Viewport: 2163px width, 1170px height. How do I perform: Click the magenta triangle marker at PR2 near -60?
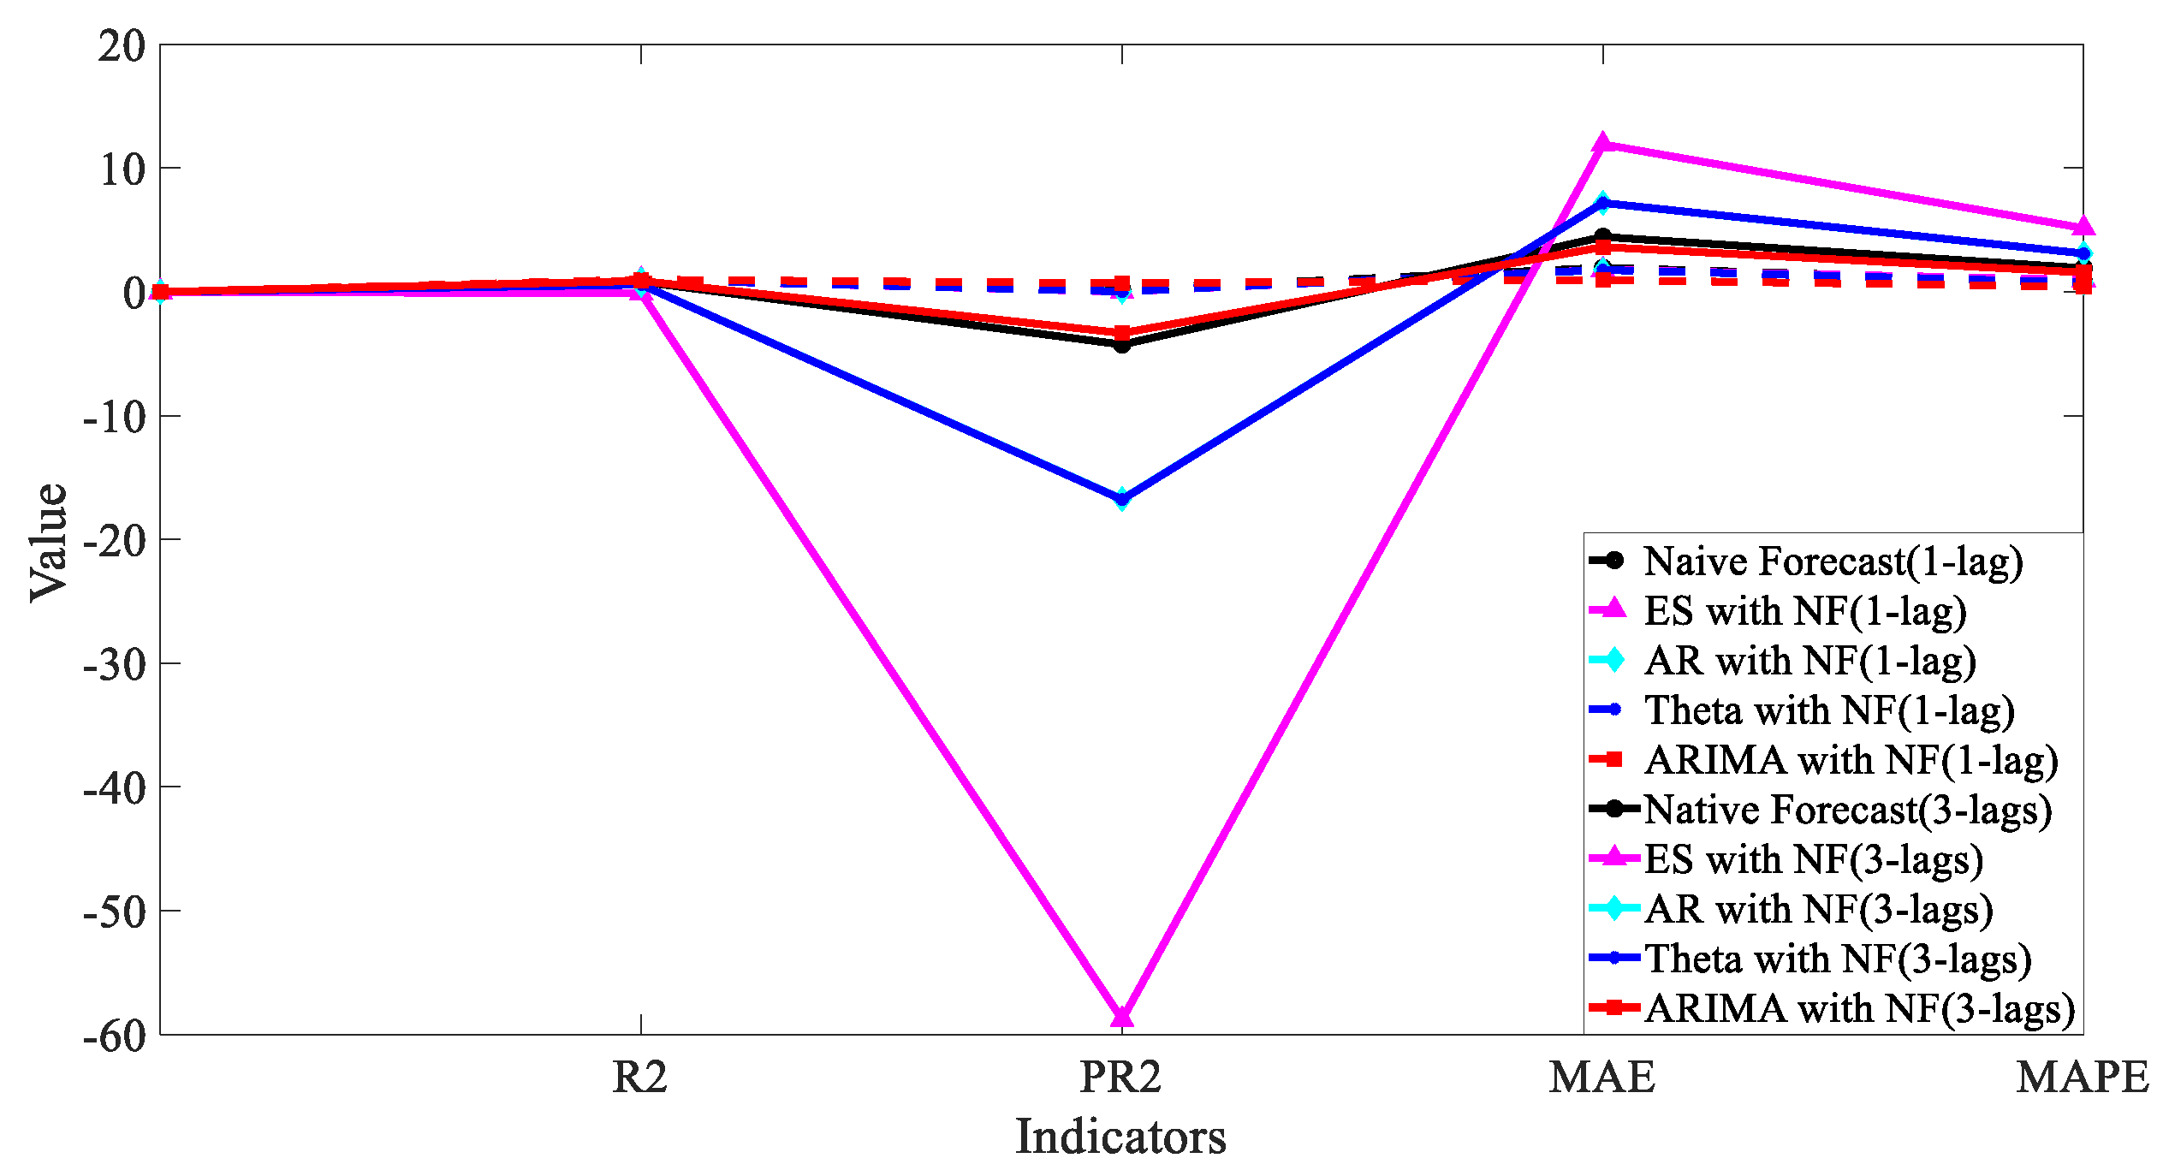click(1121, 1016)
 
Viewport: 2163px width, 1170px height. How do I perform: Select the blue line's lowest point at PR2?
click(1121, 498)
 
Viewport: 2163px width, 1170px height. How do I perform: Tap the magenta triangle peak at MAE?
click(1602, 144)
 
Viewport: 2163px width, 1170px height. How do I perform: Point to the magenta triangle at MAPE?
click(2083, 227)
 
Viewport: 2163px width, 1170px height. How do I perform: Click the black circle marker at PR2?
click(1121, 345)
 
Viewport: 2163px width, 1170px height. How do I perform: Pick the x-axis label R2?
click(640, 1078)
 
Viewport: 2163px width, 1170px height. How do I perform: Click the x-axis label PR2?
click(1121, 1078)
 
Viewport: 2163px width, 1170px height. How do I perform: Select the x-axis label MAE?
click(1602, 1078)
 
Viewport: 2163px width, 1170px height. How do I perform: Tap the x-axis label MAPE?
click(2083, 1078)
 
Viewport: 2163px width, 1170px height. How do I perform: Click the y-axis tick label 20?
click(122, 46)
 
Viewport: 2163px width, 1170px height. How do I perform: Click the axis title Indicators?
click(1121, 1137)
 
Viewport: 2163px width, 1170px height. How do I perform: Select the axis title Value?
click(49, 541)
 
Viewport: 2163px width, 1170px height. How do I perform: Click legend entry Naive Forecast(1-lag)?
click(1833, 562)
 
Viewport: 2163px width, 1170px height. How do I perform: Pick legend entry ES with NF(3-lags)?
click(1813, 860)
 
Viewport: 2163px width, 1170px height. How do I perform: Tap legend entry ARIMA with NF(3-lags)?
click(1858, 1009)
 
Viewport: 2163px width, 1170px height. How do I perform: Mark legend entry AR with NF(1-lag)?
click(1809, 662)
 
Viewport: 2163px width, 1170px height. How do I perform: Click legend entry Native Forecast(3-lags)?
click(1847, 811)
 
